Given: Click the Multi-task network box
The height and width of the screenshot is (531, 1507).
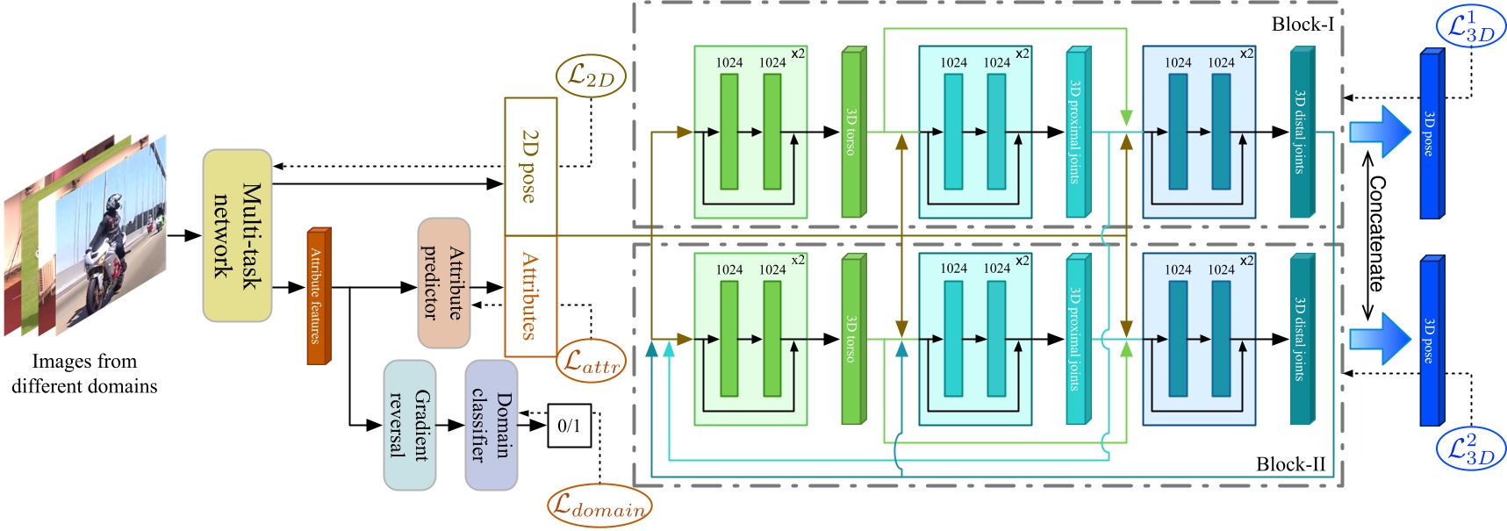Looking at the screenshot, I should point(237,235).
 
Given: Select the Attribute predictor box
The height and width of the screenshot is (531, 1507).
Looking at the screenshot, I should point(443,283).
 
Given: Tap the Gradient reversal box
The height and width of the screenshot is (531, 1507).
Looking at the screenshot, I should point(409,425).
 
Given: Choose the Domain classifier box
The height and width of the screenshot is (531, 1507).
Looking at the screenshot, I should point(491,425).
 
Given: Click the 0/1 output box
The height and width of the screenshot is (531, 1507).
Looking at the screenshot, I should point(569,426).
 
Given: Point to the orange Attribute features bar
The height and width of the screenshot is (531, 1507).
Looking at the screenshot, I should point(317,296).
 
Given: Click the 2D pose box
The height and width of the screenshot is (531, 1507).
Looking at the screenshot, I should point(530,166).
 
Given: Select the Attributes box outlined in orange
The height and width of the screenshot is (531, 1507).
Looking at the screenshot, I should point(530,296).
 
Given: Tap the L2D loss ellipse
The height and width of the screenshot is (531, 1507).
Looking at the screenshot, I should point(591,76).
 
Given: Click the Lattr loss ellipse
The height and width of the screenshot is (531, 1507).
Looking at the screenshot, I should point(591,361).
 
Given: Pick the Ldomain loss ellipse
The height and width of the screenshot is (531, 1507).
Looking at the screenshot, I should point(599,506).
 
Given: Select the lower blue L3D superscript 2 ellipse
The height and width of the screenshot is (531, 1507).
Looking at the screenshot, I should point(1471,448).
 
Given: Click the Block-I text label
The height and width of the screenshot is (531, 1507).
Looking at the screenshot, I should point(1302,25).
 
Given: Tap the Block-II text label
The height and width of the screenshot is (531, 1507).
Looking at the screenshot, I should point(1290,464).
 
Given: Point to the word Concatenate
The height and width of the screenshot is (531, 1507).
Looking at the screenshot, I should point(1377,234).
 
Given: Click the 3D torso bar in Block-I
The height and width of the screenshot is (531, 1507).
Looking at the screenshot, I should point(851,133).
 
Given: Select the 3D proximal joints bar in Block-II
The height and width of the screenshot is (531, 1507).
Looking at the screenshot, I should point(1076,339).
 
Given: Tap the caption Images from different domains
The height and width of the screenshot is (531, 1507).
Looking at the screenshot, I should point(84,374).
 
